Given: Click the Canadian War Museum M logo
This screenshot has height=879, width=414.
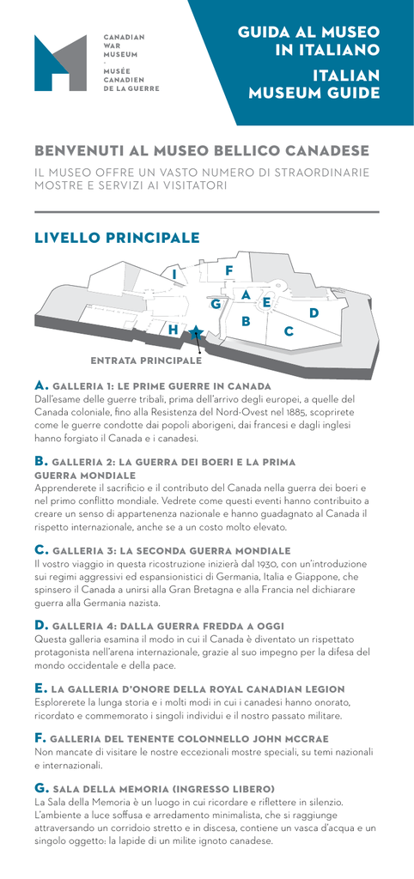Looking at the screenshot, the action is (61, 63).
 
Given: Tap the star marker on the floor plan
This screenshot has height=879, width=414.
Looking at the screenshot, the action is (195, 333).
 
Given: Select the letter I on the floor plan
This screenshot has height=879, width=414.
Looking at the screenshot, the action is (175, 274).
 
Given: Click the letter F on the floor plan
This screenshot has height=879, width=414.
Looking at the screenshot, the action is (228, 270).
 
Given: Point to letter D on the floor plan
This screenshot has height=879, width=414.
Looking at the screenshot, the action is (314, 312).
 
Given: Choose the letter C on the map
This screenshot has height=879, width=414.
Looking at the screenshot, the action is (289, 331).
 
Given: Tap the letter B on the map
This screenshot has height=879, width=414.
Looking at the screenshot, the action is (245, 321).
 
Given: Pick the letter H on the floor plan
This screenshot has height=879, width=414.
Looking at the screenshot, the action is (174, 330).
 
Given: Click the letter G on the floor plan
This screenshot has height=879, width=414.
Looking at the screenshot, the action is (216, 305).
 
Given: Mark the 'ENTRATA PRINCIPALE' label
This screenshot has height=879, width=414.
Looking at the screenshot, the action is (146, 361).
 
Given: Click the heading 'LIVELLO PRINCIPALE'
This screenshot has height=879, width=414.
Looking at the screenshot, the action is (118, 238).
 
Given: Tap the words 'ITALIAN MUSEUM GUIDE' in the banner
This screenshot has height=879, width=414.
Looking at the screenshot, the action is (314, 83).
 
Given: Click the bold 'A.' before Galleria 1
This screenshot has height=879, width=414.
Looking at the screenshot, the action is (42, 385).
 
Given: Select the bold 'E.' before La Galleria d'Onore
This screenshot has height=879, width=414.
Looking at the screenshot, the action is (41, 688).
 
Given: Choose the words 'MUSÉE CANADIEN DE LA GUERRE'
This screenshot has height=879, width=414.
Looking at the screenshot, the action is (131, 80).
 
